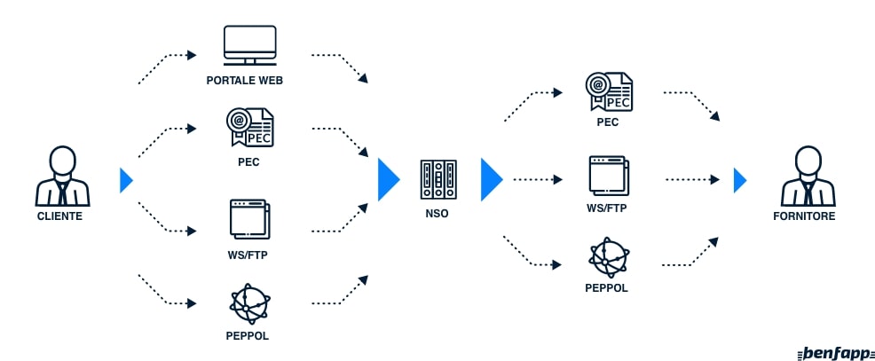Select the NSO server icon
click(437, 179)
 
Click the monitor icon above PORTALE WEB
click(249, 45)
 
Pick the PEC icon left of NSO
click(249, 127)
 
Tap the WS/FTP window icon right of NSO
click(608, 176)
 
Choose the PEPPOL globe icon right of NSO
click(608, 257)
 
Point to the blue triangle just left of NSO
click(389, 180)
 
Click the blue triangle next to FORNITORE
click(740, 180)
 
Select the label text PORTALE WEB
click(249, 81)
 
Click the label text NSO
click(437, 213)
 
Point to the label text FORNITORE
click(808, 216)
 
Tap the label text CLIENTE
click(59, 216)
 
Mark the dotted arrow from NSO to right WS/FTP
click(538, 179)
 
